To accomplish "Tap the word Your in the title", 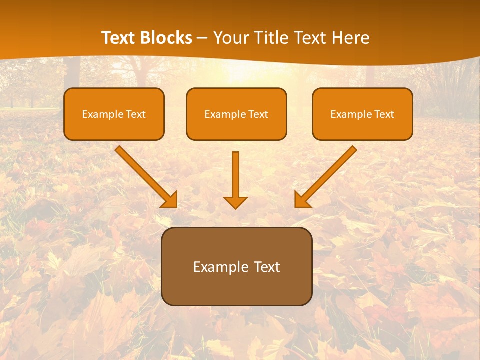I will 231,38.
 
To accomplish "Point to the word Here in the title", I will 350,38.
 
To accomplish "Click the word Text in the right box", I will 384,114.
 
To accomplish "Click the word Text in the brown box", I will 267,267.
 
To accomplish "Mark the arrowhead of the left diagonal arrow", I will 170,200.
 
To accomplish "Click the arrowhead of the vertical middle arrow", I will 235,202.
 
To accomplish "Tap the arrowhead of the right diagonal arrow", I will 302,200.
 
